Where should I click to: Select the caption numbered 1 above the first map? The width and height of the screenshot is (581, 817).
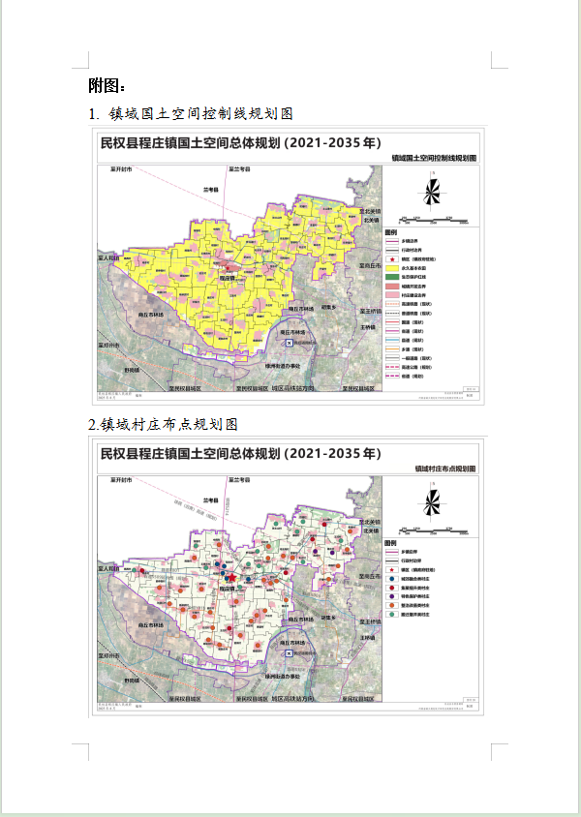[190, 114]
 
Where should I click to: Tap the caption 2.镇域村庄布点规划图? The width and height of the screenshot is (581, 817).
[163, 424]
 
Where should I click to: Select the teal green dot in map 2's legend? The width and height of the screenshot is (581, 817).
[392, 614]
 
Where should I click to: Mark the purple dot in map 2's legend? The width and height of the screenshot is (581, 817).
[392, 596]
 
